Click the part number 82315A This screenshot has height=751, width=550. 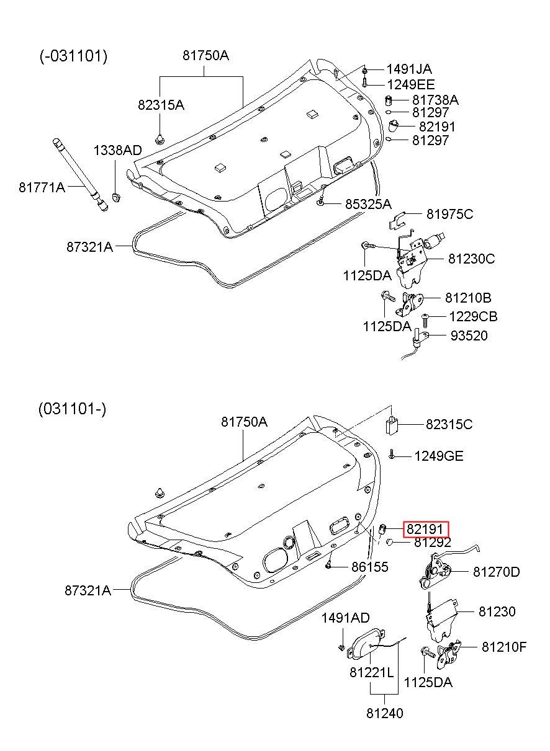click(161, 105)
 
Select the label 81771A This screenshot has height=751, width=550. click(42, 186)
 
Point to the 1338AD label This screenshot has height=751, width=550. click(117, 150)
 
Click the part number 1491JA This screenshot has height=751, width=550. click(409, 69)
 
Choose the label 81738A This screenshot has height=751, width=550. click(435, 100)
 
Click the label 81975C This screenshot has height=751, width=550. click(449, 214)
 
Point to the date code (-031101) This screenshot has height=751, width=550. click(74, 56)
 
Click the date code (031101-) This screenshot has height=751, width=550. click(73, 409)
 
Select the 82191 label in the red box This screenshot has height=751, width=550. click(425, 530)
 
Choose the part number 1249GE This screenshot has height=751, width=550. click(439, 456)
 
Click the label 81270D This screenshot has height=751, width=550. click(496, 572)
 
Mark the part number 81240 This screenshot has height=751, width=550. click(384, 713)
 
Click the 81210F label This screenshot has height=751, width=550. click(503, 647)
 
